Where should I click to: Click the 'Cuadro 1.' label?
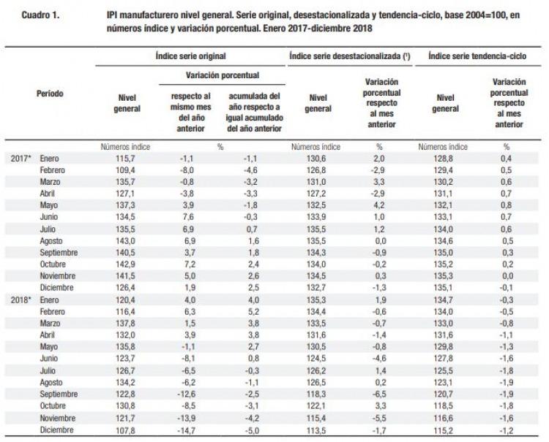pos(40,15)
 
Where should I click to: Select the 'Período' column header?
pos(50,94)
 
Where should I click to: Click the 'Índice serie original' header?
pos(190,56)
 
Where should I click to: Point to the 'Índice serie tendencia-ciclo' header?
pos(477,56)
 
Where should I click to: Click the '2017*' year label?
pos(21,159)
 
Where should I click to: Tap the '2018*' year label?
pos(21,300)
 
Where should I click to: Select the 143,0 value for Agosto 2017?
pos(125,241)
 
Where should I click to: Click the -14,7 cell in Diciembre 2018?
pos(186,430)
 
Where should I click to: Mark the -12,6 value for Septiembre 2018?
pos(186,395)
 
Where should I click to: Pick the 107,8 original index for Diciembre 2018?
pos(125,430)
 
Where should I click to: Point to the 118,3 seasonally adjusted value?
pos(316,395)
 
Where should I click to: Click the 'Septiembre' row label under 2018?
pos(59,395)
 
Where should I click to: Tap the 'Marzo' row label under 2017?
pos(50,182)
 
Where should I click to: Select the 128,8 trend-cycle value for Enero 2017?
pos(444,159)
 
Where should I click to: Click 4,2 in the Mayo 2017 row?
pos(379,205)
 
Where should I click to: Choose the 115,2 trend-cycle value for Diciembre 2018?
pos(444,430)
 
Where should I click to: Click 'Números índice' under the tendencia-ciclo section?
pos(443,147)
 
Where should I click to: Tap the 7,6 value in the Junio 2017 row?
pos(188,217)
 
